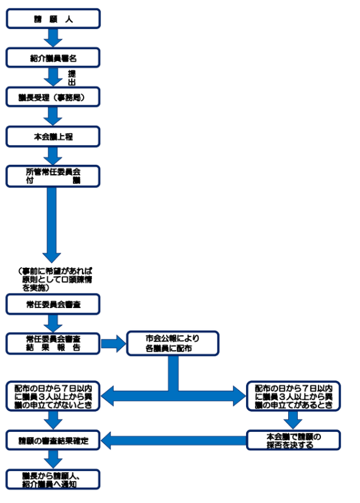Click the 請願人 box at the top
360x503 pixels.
coord(53,19)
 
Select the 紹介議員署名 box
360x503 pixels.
coord(53,58)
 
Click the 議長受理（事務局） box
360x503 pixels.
coord(53,97)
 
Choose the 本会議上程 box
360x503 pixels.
coord(53,136)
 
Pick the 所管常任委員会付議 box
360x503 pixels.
coord(53,176)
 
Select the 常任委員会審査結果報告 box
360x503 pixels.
coord(53,343)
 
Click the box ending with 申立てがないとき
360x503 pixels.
coord(53,397)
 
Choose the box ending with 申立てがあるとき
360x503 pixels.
coord(293,397)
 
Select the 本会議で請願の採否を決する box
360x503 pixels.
coord(293,440)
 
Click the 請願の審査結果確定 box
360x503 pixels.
coord(53,440)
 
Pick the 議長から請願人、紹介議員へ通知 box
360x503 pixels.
coord(53,479)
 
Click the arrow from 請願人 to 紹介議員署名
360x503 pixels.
coord(53,38)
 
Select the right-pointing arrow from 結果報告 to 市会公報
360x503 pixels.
coord(113,343)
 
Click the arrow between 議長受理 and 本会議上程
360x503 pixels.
coord(53,116)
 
